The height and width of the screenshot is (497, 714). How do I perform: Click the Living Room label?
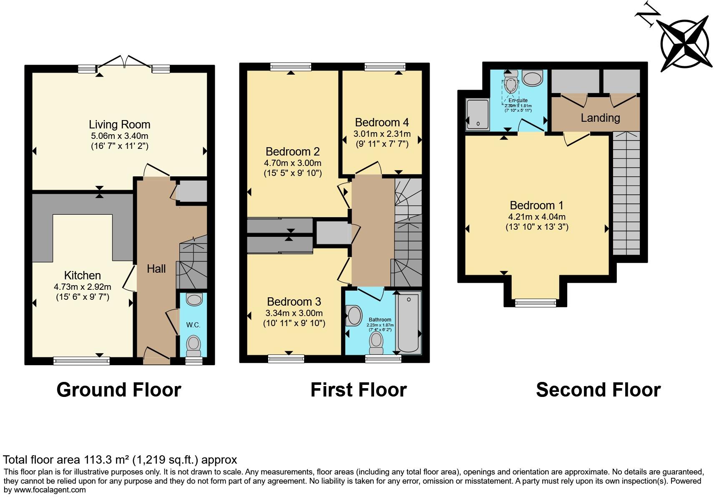point(119,124)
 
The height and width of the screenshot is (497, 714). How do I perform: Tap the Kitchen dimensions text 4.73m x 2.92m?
point(82,287)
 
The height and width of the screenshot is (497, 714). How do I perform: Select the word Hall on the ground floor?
point(156,269)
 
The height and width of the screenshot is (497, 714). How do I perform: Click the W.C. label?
point(193,325)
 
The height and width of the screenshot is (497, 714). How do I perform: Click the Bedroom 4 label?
point(382,122)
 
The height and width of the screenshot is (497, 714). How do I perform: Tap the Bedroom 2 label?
point(292,151)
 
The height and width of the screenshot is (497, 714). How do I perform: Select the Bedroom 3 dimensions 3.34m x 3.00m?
point(294,313)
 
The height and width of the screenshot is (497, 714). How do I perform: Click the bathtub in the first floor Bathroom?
point(408,324)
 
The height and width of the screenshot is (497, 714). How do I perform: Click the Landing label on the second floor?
point(600,118)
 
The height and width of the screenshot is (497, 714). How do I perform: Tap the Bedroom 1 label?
point(536,205)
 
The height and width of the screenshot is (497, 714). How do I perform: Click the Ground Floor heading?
point(119,390)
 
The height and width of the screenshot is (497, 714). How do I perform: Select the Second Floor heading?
point(598,390)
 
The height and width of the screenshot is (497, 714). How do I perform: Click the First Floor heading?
point(358,390)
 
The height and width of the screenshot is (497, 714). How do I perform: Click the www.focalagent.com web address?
point(50,489)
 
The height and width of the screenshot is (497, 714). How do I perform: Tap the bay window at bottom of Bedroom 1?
point(535,302)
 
